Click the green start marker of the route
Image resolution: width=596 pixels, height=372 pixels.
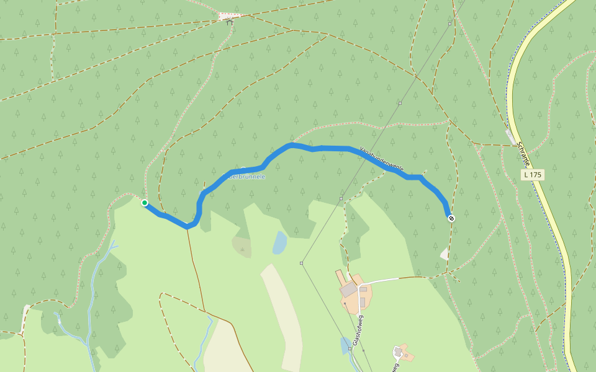point(145,203)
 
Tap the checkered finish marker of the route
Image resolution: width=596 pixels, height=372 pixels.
point(451,218)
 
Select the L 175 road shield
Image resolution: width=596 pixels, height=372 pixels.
point(532,175)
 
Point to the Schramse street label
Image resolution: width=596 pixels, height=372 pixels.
point(523,154)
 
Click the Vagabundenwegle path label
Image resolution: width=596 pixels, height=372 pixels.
point(382,159)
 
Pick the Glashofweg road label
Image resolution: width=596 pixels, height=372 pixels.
point(357,330)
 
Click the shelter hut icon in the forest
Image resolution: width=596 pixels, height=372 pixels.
point(229,22)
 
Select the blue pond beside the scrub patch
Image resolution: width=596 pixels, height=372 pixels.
point(280,243)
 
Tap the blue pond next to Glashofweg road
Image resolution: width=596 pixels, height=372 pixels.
point(345,345)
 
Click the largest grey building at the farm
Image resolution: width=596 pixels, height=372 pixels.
point(348,289)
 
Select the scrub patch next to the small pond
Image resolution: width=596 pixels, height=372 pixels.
point(242,246)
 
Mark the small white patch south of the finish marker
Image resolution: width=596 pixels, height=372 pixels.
point(445,254)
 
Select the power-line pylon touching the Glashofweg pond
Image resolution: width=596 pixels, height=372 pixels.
point(350,349)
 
